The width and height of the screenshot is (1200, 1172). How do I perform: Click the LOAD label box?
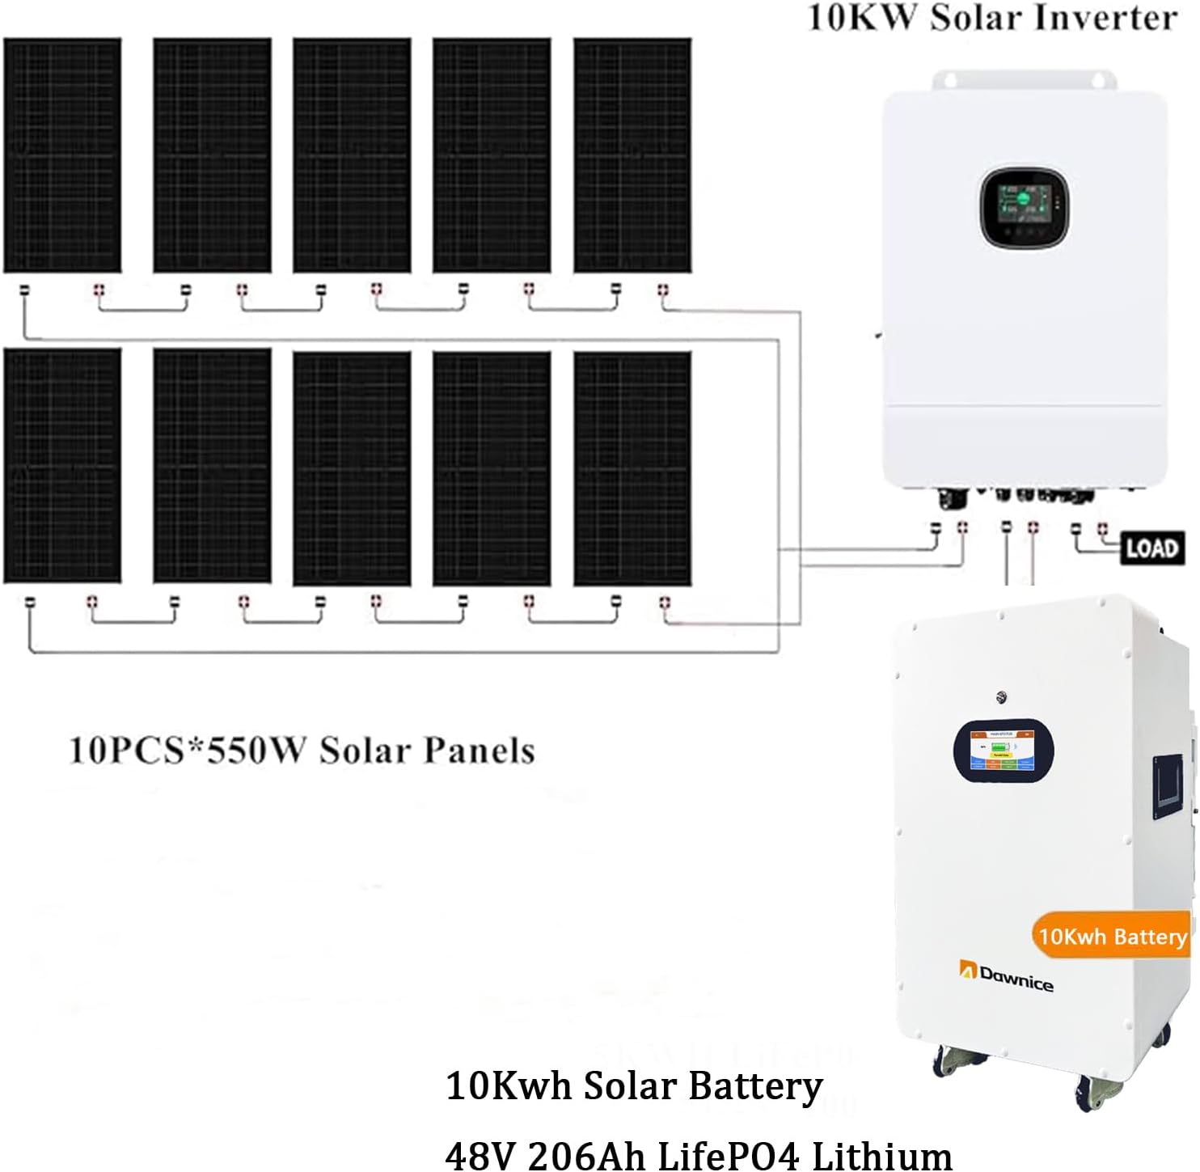[1151, 548]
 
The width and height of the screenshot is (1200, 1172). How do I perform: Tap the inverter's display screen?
[1024, 207]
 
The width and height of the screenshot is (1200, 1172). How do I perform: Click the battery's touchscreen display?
[1003, 751]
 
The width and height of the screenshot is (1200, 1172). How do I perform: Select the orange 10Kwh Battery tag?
[1112, 936]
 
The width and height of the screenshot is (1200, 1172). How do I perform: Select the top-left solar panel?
[63, 155]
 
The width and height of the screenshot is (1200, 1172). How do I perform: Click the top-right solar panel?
[632, 155]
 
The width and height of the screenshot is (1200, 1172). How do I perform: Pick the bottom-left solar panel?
[63, 466]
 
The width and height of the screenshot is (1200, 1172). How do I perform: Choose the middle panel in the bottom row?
[352, 468]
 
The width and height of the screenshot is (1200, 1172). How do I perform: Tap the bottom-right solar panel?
[632, 468]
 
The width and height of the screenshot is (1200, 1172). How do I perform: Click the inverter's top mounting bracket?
[1024, 80]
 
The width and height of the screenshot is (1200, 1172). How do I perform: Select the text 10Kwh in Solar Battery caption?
[509, 1085]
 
